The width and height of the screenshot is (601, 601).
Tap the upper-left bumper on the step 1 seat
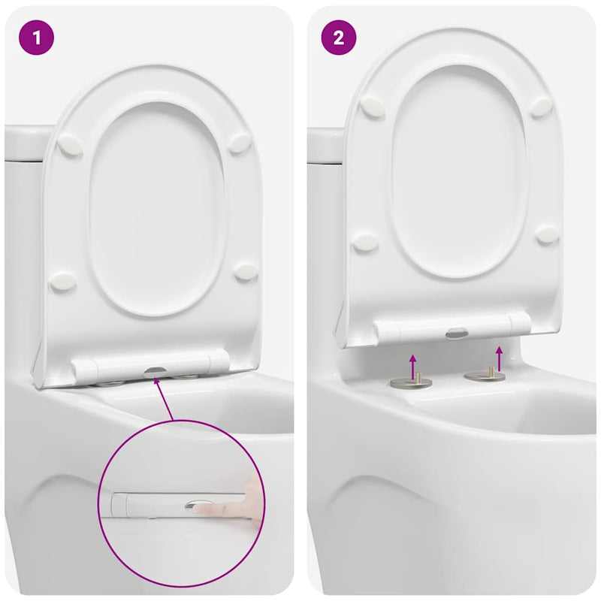(x=70, y=146)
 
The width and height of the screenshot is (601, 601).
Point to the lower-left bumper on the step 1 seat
(x=62, y=282)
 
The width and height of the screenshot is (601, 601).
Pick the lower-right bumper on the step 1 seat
(x=246, y=272)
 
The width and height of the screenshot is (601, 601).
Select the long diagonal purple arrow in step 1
(x=165, y=398)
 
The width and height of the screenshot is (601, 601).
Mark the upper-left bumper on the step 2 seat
(x=372, y=107)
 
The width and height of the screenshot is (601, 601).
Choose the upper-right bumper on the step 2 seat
(x=541, y=107)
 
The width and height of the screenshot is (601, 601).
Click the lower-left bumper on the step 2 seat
(x=366, y=242)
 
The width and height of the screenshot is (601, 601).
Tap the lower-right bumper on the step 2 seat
(x=547, y=235)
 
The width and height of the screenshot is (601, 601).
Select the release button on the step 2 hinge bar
(x=457, y=331)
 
